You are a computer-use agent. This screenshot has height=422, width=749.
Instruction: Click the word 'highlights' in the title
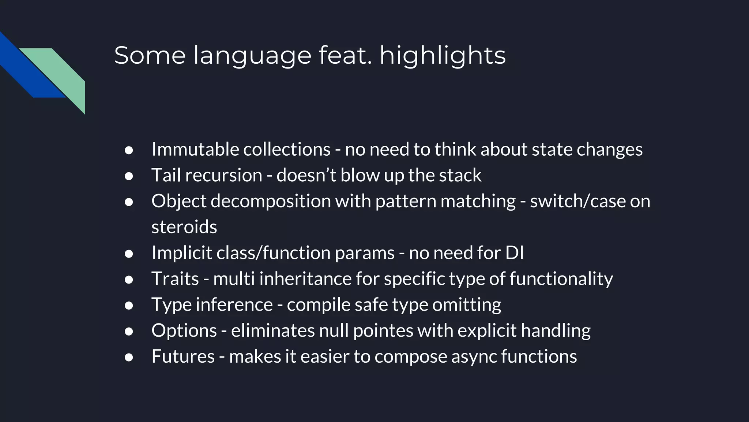pos(443,56)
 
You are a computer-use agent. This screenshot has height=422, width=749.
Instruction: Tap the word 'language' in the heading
pos(252,56)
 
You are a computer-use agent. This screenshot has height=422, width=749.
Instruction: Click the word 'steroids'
pos(184,227)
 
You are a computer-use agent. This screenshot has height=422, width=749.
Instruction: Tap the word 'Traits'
pos(175,279)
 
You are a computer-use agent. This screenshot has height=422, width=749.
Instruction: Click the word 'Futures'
pos(183,356)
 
